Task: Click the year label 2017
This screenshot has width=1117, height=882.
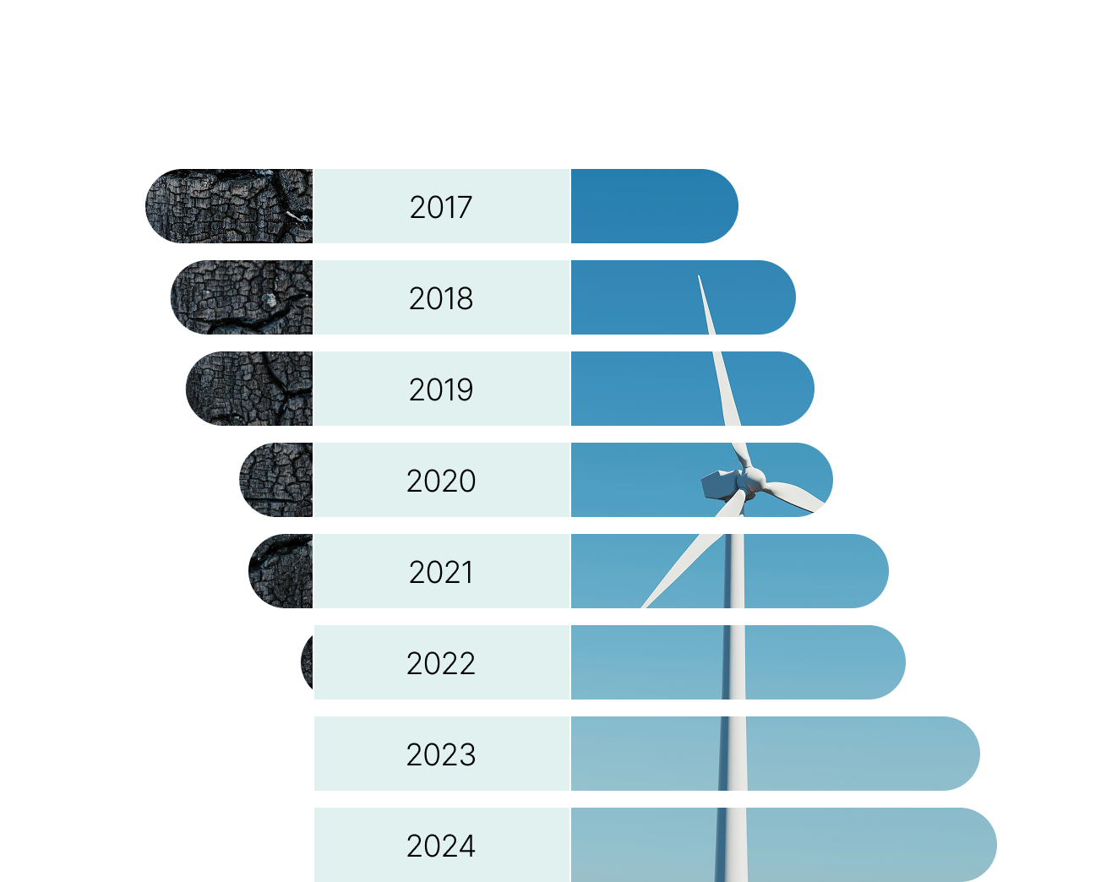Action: click(440, 207)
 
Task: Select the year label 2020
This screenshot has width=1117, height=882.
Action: click(440, 481)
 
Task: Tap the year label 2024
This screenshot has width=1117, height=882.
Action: click(440, 846)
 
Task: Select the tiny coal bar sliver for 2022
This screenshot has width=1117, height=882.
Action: click(308, 662)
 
